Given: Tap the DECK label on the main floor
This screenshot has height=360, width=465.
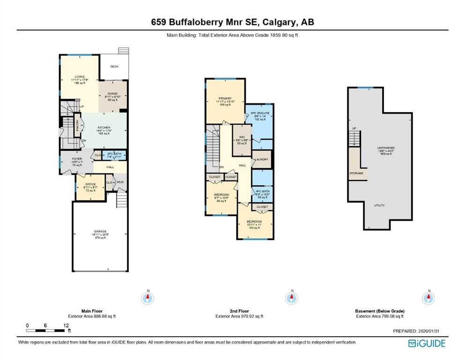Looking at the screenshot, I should click(x=114, y=67).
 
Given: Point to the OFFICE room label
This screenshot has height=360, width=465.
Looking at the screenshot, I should click(x=90, y=184).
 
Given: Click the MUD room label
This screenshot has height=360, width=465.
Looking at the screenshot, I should click(x=120, y=182).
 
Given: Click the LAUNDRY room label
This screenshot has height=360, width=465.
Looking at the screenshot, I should click(x=261, y=159).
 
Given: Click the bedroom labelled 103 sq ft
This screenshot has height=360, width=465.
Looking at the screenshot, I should click(x=254, y=222).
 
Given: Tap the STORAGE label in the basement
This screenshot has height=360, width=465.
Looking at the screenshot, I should click(x=356, y=173).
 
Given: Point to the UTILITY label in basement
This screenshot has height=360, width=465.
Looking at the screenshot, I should click(x=380, y=205).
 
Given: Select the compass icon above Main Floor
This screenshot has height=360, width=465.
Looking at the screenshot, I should click(x=148, y=297).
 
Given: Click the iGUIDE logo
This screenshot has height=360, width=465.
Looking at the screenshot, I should click(x=427, y=344).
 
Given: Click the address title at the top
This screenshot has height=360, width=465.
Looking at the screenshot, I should click(x=232, y=22).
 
